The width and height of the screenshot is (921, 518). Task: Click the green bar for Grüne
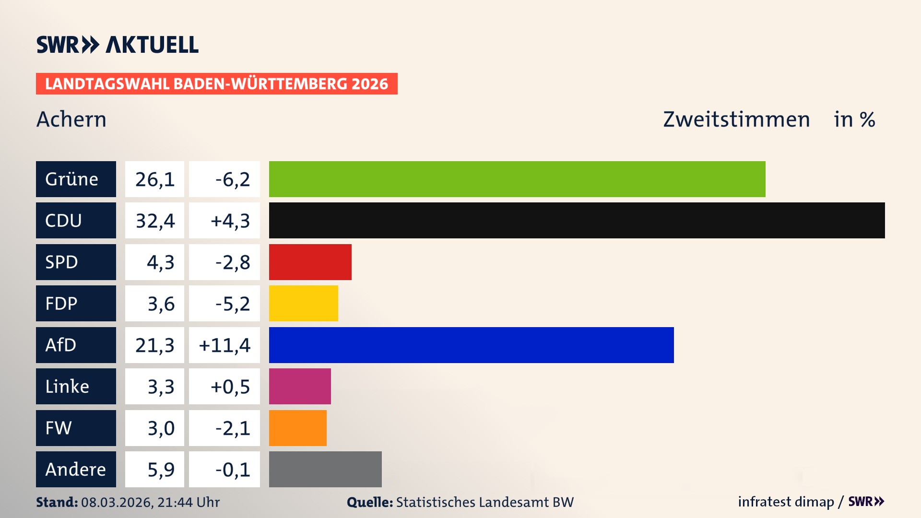(x=517, y=179)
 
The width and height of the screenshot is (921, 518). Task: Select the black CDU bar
(x=577, y=220)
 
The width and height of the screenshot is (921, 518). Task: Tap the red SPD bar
(x=310, y=262)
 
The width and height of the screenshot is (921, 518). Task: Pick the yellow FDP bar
(x=303, y=303)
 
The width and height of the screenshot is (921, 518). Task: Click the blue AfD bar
(x=471, y=345)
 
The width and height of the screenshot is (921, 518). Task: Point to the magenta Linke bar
(x=300, y=386)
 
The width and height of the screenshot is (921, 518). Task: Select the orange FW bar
(x=297, y=428)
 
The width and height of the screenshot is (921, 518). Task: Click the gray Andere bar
(x=325, y=469)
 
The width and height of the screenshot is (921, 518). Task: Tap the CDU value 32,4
(x=154, y=221)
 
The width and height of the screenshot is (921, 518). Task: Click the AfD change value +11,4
(x=224, y=345)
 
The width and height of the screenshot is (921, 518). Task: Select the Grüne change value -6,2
(x=232, y=179)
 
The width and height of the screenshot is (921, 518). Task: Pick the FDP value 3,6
(x=161, y=304)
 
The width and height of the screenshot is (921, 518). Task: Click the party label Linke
(x=67, y=387)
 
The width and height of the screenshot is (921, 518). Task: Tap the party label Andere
(x=75, y=469)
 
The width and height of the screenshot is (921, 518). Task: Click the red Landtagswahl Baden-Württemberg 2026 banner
(x=216, y=84)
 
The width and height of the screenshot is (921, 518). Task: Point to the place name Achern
(x=71, y=119)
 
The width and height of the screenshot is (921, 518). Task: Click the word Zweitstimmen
(x=736, y=119)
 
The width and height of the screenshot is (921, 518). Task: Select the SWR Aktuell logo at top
(x=118, y=45)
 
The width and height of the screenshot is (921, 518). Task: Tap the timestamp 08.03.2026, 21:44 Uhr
(x=150, y=502)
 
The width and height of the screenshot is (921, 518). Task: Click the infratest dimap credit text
(x=786, y=502)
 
